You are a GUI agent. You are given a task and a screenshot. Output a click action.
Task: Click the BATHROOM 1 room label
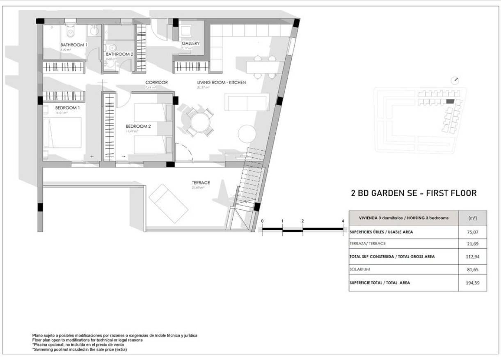[x=74, y=45]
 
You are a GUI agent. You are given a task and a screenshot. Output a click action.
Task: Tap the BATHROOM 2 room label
[x=119, y=54]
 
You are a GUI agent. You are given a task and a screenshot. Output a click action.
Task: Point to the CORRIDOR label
[x=156, y=83]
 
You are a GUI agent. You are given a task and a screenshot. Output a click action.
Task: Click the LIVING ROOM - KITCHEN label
[x=221, y=83]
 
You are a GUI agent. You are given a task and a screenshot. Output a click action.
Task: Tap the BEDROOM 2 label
[x=138, y=126]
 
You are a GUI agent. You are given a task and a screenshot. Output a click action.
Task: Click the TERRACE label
[x=201, y=183]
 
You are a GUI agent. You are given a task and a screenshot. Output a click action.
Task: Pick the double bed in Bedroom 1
[x=62, y=132]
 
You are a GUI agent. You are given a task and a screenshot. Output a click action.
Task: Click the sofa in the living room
[x=247, y=102]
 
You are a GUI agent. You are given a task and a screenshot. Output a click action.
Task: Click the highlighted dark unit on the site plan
[x=450, y=101]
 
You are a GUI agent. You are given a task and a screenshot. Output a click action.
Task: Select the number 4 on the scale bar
[x=343, y=221]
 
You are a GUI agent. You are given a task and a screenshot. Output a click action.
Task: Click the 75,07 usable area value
[x=472, y=232]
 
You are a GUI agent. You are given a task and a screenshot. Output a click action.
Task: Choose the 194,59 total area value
[x=472, y=283]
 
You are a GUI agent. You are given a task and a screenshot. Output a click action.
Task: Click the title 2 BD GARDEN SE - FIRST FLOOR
[x=414, y=193]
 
